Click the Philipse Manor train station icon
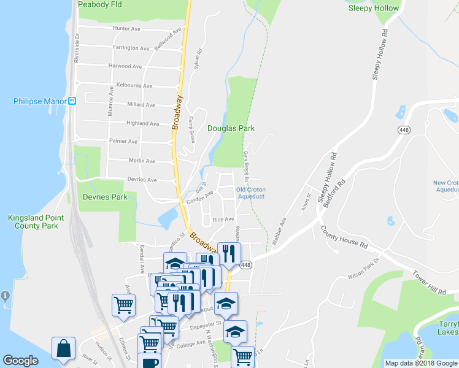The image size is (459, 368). [x=72, y=101]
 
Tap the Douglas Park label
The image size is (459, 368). [x=231, y=128]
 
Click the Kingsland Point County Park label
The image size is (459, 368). [x=33, y=221]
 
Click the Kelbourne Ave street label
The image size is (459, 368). [x=134, y=86]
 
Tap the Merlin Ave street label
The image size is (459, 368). [x=142, y=161]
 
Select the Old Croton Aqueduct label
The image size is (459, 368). [x=250, y=193]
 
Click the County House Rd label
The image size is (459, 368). [x=344, y=237]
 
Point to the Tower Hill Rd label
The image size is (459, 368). [x=429, y=283]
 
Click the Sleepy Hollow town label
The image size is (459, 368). [x=373, y=8]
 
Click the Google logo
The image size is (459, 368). [x=21, y=361]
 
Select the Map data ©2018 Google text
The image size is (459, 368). [x=421, y=363]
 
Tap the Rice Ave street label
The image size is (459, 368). [x=223, y=219]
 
